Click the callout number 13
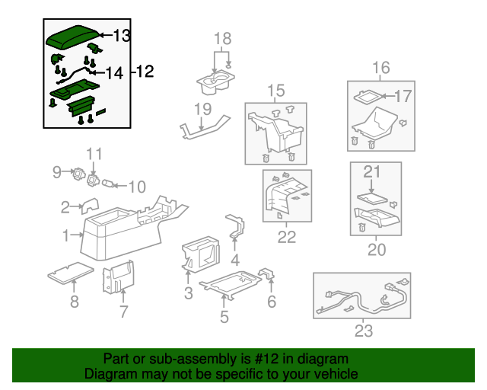pos(122,36)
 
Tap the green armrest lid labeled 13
pos(73,37)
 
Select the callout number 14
pos(115,73)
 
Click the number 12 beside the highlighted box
pos(145,72)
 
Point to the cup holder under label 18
pos(215,82)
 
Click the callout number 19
pos(203,109)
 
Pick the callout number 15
pos(275,91)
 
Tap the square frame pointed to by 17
pos(367,96)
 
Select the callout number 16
pos(381,68)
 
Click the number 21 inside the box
pos(372,171)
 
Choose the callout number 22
pos(287,238)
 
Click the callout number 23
pos(364,331)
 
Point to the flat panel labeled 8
pos(71,273)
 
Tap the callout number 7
pos(123,312)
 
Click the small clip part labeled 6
pos(267,273)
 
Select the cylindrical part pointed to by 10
pos(107,184)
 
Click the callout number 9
pos(57,172)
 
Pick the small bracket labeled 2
pos(90,206)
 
